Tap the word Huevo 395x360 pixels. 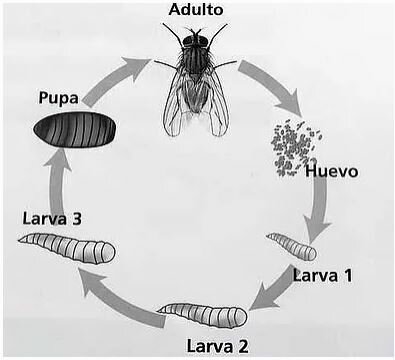[331, 171]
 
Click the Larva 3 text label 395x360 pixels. [52, 217]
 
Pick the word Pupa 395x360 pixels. [60, 98]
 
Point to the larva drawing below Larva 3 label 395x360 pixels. [67, 247]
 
